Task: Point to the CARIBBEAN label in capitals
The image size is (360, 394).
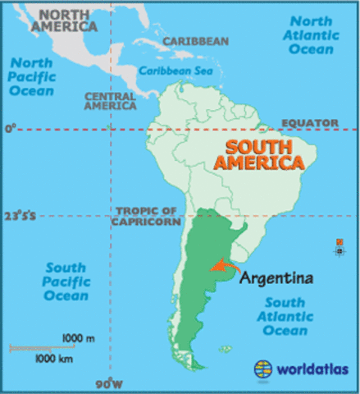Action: [195, 41]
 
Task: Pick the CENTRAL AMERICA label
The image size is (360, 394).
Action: [109, 101]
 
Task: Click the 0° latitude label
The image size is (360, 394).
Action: [10, 129]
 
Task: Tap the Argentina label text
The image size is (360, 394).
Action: [276, 278]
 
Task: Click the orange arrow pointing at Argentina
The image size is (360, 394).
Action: [221, 266]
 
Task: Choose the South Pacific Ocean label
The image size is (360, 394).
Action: [66, 281]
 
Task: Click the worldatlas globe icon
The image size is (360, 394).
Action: [263, 369]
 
